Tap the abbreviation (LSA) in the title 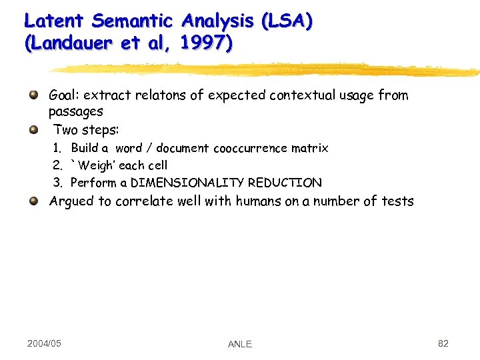[287, 21]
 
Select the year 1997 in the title [207, 44]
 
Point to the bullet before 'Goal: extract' [34, 95]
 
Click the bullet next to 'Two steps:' [34, 129]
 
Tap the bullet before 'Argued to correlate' [34, 201]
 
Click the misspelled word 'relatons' [160, 95]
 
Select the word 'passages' [75, 112]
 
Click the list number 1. [58, 148]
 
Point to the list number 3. [58, 183]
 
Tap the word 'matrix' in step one [310, 148]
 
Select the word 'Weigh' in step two [97, 165]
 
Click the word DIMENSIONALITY [187, 183]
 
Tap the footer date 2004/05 [44, 343]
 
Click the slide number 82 [443, 343]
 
